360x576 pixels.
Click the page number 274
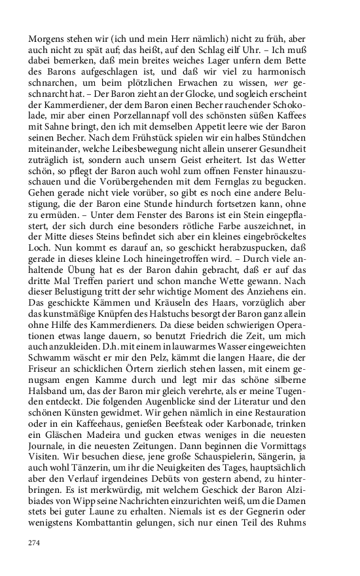(x=35, y=543)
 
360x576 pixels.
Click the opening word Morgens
(x=46, y=39)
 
